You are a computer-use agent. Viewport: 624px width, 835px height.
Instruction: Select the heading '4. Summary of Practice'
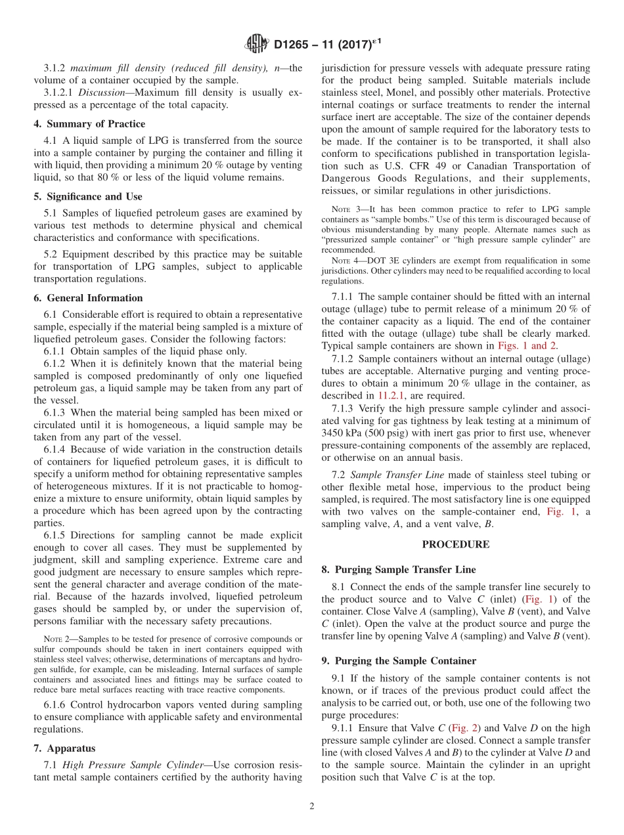click(89, 123)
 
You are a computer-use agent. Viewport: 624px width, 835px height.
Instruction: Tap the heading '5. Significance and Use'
click(88, 196)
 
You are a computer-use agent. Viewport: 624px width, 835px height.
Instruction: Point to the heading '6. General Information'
click(88, 297)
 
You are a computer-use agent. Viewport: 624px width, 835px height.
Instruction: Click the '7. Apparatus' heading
click(64, 748)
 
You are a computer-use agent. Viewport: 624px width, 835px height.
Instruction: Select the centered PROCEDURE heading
click(455, 544)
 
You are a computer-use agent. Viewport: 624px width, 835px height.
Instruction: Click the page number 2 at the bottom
click(312, 806)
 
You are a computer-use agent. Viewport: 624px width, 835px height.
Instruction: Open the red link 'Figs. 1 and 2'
click(528, 345)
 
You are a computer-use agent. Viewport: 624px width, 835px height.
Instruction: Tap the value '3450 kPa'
click(344, 433)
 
